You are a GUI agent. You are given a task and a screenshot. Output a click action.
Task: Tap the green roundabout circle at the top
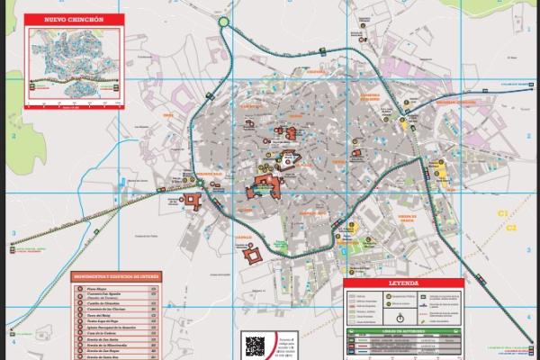pyautogui.click(x=223, y=22)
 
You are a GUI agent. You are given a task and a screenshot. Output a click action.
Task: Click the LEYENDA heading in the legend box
pyautogui.click(x=403, y=282)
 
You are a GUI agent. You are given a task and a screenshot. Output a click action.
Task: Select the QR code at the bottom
pyautogui.click(x=256, y=346)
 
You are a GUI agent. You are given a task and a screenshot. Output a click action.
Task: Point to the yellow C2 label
pyautogui.click(x=510, y=228)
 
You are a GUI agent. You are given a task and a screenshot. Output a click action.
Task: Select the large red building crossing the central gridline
pyautogui.click(x=265, y=186)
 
